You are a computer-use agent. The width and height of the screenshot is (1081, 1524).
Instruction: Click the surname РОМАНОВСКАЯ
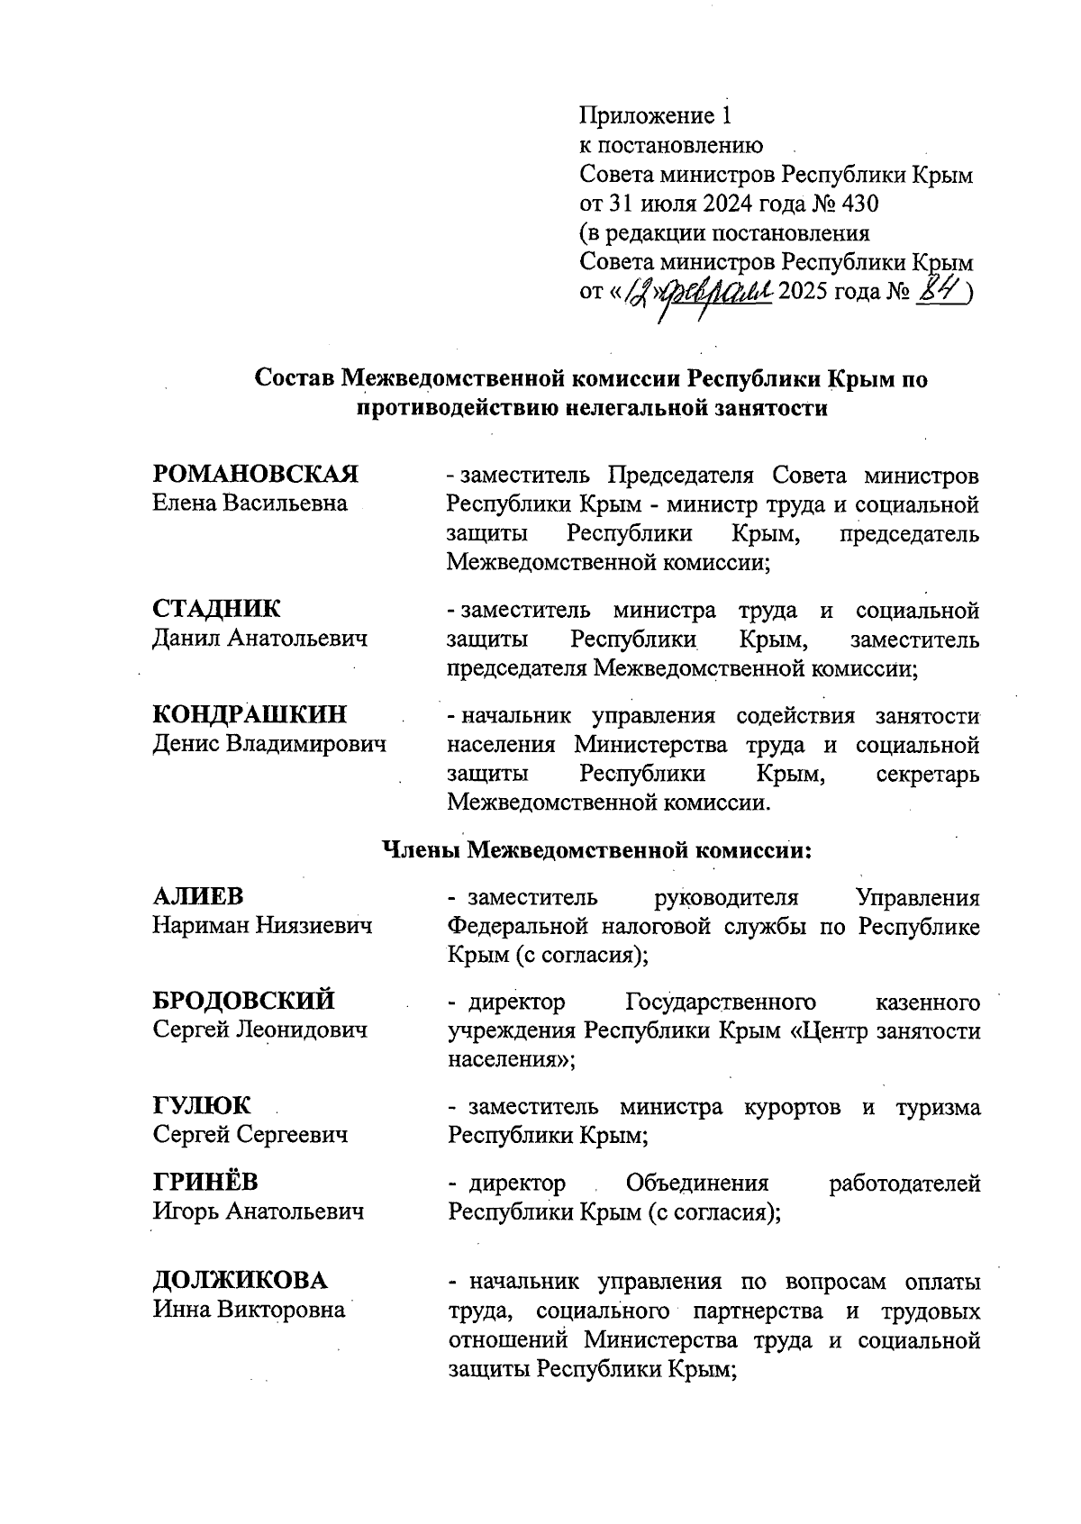(x=256, y=474)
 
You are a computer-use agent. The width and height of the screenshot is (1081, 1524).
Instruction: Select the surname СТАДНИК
(x=217, y=610)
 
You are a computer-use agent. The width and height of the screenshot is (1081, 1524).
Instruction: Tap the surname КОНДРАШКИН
(x=250, y=715)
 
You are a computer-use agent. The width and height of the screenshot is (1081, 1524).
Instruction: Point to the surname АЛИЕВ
(x=198, y=897)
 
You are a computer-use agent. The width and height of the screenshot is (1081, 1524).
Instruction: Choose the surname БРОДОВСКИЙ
(x=244, y=1001)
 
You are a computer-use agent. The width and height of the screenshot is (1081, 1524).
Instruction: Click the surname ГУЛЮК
(x=202, y=1105)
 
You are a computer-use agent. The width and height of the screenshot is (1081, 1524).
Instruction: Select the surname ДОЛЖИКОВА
(x=241, y=1281)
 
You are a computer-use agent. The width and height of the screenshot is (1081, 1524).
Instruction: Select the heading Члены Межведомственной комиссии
(x=598, y=849)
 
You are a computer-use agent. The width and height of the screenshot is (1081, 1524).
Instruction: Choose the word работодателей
(x=904, y=1183)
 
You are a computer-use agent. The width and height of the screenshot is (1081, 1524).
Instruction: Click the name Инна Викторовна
(x=250, y=1309)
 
